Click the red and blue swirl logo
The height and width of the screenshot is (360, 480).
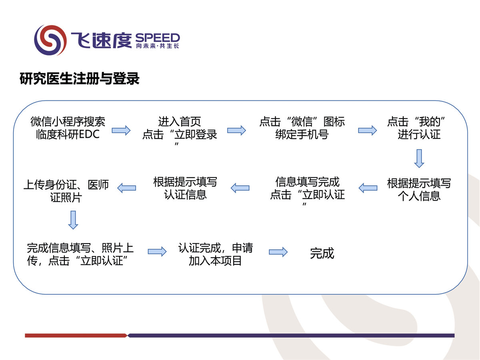coord(50,40)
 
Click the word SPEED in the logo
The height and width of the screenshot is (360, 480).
coord(158,38)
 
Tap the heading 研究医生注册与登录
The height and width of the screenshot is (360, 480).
coord(79,78)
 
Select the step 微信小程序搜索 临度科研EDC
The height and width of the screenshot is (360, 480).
coord(68,128)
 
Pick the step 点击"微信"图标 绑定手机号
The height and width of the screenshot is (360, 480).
coord(302,128)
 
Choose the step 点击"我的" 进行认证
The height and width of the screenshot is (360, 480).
coord(416,128)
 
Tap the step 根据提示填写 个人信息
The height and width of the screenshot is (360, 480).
coord(419,189)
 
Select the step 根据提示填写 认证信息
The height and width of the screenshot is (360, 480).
coord(185,188)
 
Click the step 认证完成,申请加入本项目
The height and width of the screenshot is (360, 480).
coord(215,254)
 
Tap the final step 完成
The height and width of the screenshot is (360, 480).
coord(322,253)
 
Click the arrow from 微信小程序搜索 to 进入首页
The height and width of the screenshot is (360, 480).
coord(121,130)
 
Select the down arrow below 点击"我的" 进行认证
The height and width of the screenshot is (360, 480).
coord(419,158)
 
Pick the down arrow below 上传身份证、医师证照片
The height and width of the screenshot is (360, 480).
coord(73,220)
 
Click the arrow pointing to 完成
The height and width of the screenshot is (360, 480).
coord(278,252)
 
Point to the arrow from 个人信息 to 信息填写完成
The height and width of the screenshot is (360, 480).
coord(368,188)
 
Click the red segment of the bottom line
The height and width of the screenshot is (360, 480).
coord(76,336)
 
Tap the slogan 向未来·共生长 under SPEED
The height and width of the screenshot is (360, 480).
coord(158,46)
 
